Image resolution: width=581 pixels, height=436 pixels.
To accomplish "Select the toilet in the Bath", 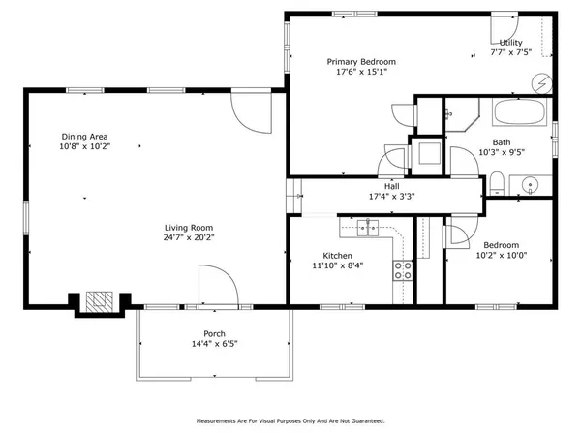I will [496, 182].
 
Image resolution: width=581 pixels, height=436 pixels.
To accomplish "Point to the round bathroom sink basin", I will [531, 184].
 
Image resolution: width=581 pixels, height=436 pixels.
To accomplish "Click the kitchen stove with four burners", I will [402, 271].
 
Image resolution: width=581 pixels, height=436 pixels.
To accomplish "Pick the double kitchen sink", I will [367, 228].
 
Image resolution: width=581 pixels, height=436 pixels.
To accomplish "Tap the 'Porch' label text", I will [214, 334].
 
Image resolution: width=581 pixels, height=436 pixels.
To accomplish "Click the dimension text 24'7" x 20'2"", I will [189, 236].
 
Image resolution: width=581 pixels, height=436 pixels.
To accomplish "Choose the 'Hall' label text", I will [392, 186].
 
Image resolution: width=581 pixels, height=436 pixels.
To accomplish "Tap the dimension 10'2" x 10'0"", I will [502, 256].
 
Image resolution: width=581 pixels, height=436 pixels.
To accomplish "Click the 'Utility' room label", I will [511, 44].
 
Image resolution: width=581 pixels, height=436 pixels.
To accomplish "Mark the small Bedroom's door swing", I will [457, 234].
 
